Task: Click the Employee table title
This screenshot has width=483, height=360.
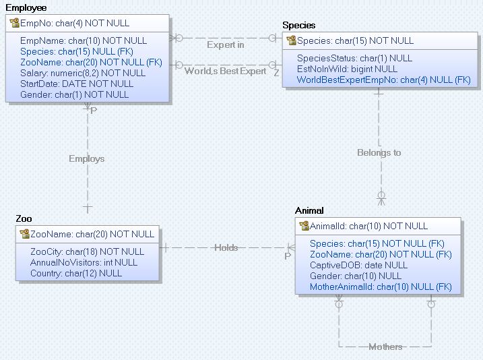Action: pos(26,7)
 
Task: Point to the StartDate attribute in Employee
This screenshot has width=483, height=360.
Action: pos(77,84)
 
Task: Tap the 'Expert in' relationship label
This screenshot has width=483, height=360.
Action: pos(225,45)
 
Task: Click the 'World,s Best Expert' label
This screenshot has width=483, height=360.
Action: pos(225,71)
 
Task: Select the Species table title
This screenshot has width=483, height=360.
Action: pos(298,26)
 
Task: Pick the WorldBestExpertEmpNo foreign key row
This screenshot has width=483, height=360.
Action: pos(383,80)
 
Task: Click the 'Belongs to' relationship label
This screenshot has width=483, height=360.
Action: pos(379,153)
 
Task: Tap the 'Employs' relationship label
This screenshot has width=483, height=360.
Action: pos(87,159)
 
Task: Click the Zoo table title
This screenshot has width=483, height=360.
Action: pos(24,219)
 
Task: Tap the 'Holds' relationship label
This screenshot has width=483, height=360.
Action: pos(226,247)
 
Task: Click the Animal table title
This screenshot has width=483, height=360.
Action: pos(309,211)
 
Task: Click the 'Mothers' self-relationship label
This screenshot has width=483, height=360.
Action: pos(385,347)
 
